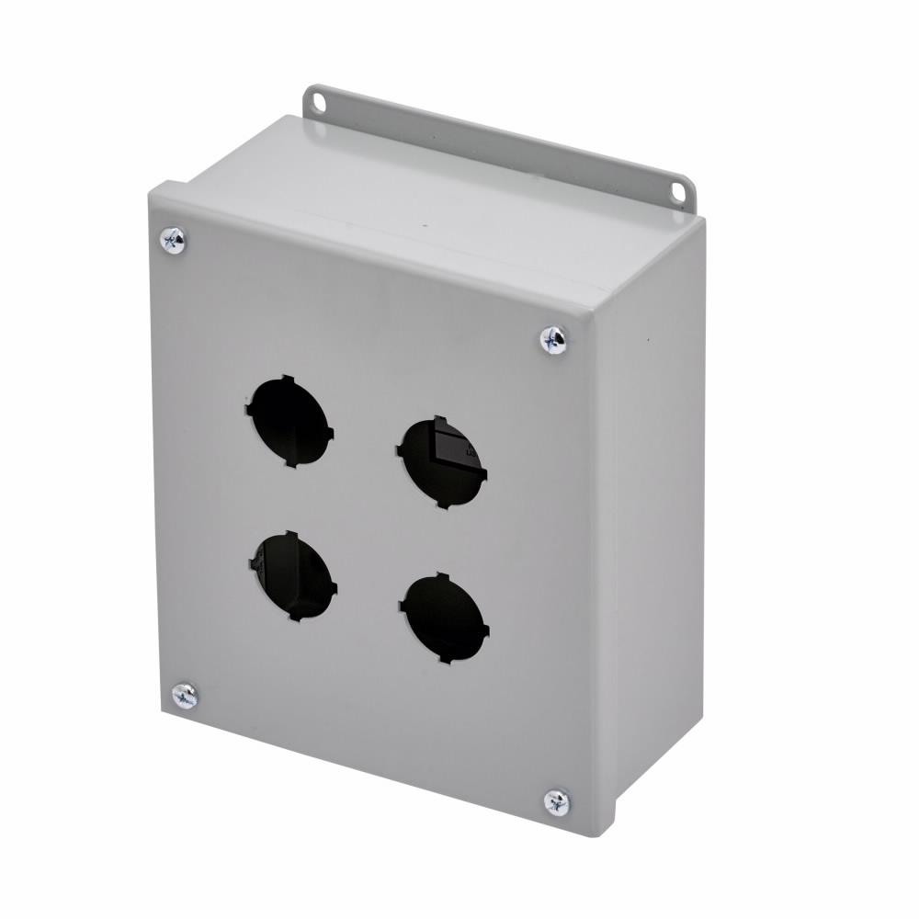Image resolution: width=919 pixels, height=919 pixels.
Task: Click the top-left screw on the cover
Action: tap(173, 241)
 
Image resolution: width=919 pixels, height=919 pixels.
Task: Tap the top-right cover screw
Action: tap(553, 340)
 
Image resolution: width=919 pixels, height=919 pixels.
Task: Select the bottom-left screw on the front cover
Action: tap(185, 696)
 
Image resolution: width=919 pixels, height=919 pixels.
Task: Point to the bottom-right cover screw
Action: tap(557, 802)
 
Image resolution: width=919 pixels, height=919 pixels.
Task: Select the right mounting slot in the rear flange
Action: tap(678, 192)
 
